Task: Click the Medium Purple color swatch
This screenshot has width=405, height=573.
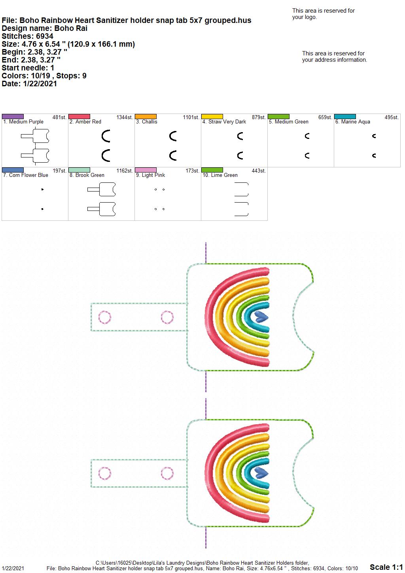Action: click(x=13, y=116)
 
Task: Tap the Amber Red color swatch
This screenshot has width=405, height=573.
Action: click(x=79, y=116)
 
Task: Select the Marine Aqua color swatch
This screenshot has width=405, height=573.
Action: click(x=345, y=116)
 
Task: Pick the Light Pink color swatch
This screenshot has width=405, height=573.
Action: click(x=146, y=170)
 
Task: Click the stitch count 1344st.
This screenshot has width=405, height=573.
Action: click(x=125, y=118)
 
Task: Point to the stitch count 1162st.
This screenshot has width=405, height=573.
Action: click(x=125, y=171)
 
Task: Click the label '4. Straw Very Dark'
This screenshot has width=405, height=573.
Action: click(x=224, y=122)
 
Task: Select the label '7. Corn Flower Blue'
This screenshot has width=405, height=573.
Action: click(x=26, y=175)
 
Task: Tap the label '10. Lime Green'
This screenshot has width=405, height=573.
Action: click(x=220, y=175)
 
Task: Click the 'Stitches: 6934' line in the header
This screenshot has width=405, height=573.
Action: click(x=28, y=36)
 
